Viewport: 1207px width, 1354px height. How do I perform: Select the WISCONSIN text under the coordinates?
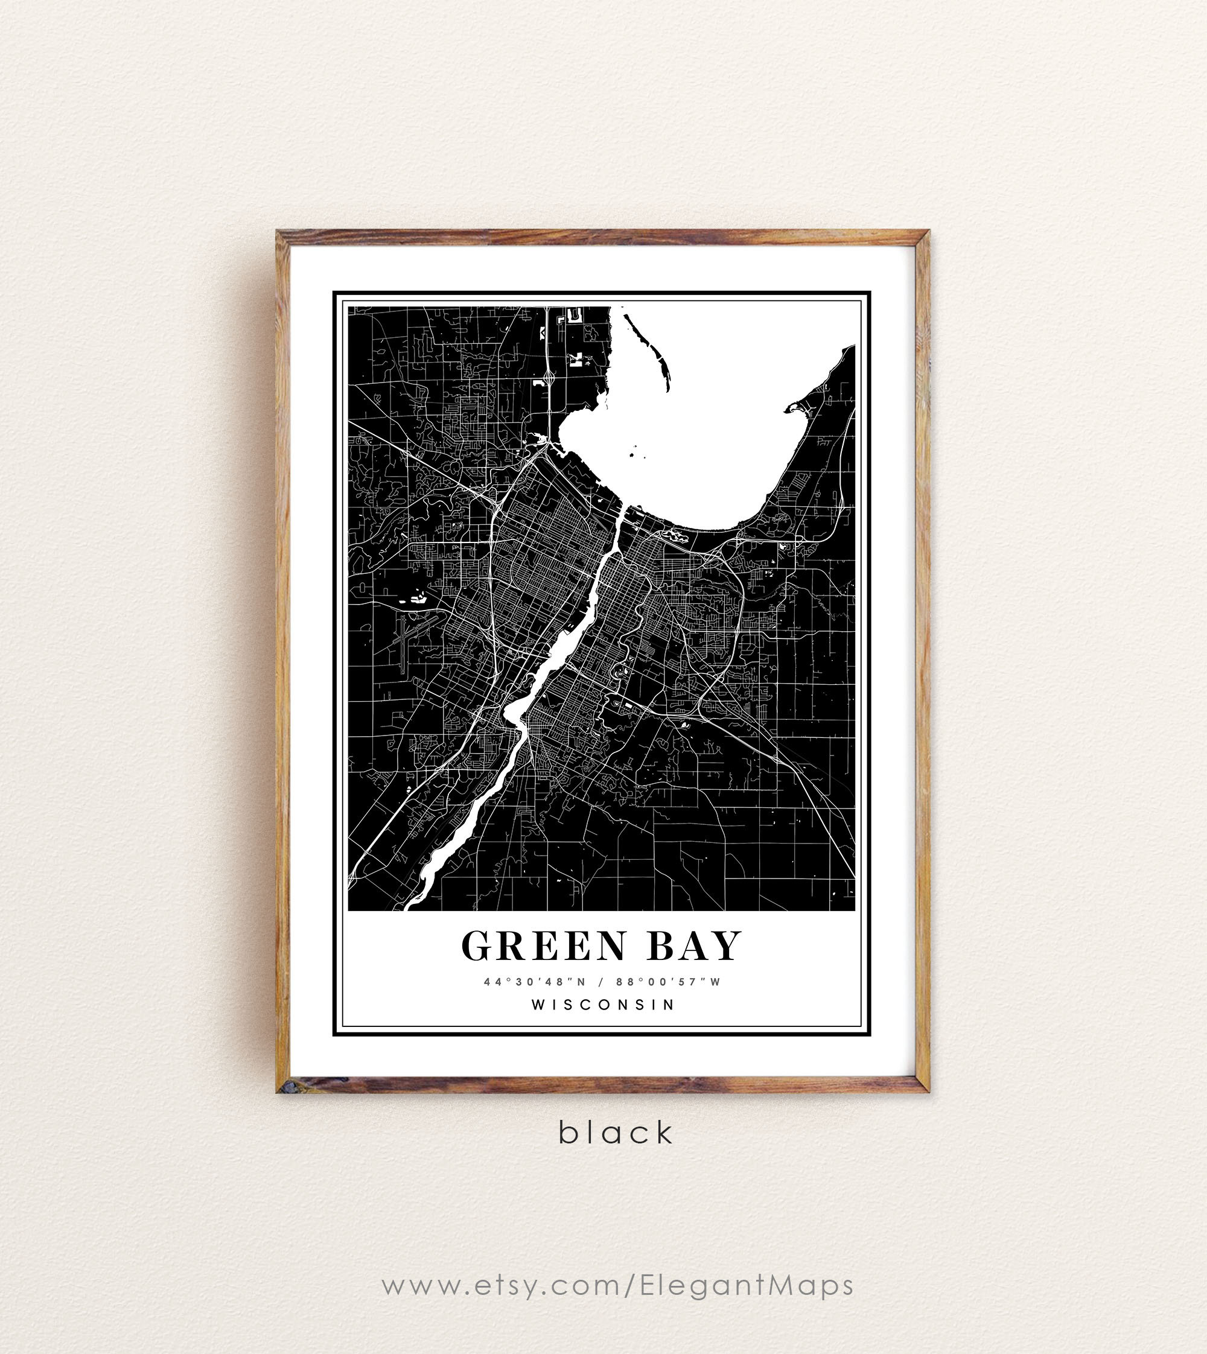click(603, 1005)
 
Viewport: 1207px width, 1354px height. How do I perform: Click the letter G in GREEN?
click(477, 946)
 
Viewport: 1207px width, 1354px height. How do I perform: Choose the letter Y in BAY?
click(726, 946)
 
